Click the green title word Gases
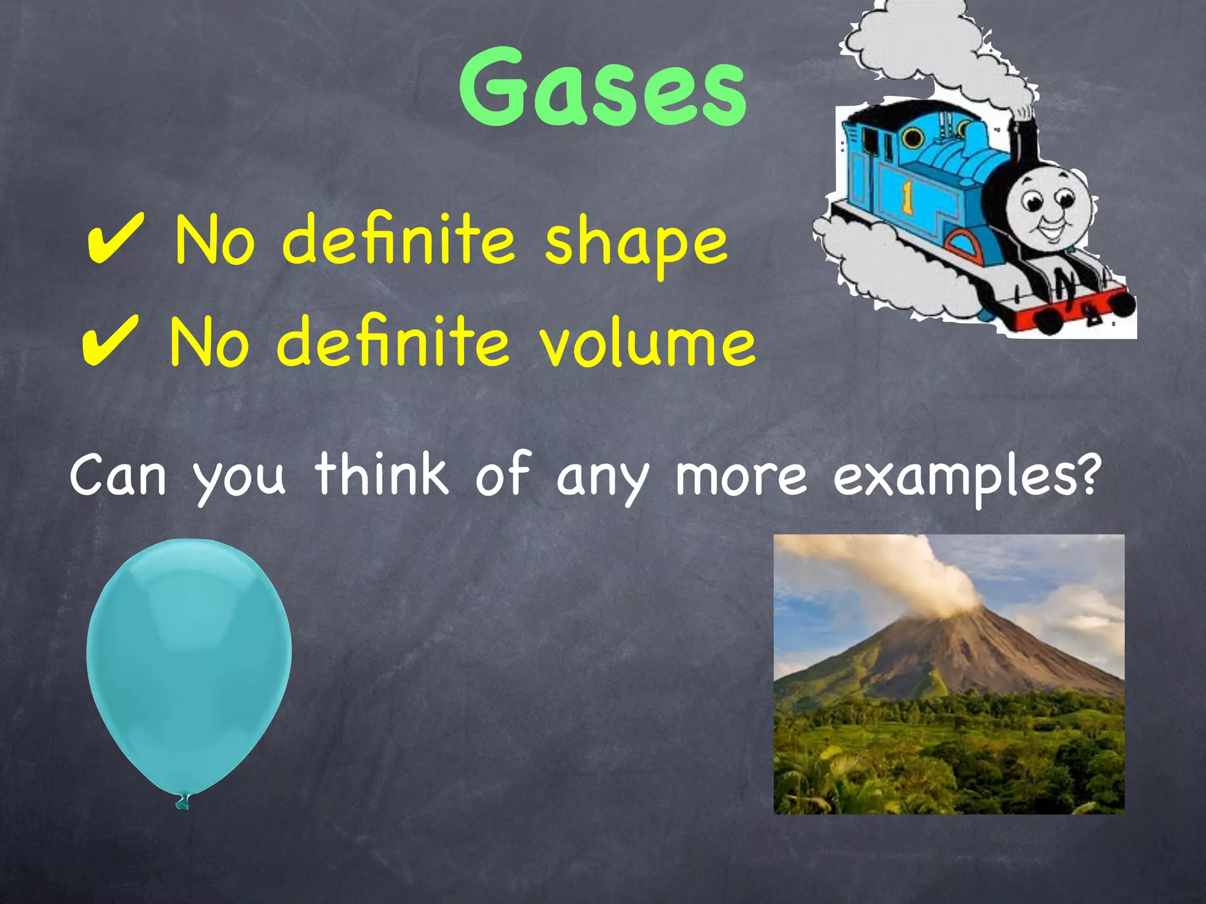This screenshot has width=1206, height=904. pos(602,88)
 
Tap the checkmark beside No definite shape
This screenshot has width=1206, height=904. pos(115,238)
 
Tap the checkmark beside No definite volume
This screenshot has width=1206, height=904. pos(110,340)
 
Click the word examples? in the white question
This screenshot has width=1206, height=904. pos(966,477)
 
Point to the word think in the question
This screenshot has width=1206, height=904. pos(381,474)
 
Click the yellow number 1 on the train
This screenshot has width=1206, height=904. pos(907,198)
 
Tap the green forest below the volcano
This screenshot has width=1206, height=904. pos(948,759)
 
